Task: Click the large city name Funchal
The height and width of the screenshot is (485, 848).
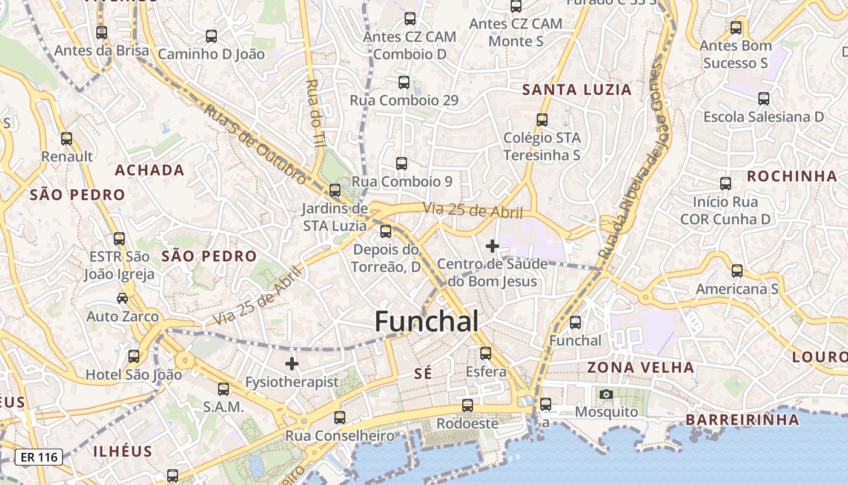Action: [x=426, y=321]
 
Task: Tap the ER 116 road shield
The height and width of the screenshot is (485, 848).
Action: [x=39, y=457]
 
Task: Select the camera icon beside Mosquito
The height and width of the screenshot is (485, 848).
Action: [x=606, y=395]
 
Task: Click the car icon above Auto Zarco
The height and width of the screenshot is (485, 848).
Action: [x=122, y=298]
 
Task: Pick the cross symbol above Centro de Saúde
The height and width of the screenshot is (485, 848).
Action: [x=492, y=246]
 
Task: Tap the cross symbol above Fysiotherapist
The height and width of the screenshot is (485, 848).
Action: [x=292, y=364]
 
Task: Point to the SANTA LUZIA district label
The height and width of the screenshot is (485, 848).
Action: [x=577, y=90]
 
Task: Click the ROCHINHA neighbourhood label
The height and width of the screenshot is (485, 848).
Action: [x=792, y=176]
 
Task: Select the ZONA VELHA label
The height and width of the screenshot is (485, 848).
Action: [x=640, y=367]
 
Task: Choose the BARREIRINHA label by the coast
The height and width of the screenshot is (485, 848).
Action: [x=742, y=420]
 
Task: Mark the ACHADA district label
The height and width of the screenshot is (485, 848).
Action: [x=150, y=170]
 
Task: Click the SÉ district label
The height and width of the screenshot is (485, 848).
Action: [x=423, y=374]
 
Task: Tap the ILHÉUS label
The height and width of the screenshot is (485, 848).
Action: [x=123, y=452]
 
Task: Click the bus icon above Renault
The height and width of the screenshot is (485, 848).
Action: [x=67, y=139]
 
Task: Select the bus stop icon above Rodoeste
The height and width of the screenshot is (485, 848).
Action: [x=467, y=406]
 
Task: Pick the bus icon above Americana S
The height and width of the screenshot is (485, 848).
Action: [x=737, y=271]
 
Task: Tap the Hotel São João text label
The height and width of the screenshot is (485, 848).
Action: [x=133, y=375]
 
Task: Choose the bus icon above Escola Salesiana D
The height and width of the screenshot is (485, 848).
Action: [x=763, y=98]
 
